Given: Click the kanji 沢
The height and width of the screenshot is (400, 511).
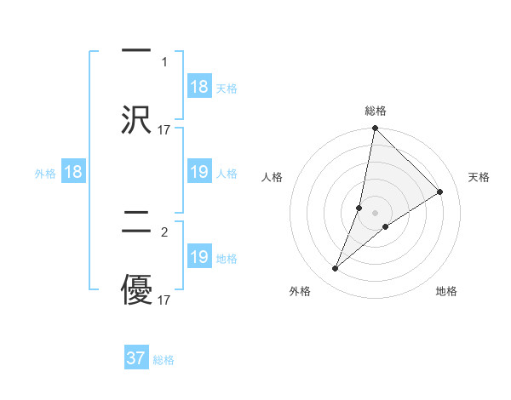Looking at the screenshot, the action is click(x=136, y=118).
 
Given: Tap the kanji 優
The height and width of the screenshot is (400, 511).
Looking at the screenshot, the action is click(x=136, y=289).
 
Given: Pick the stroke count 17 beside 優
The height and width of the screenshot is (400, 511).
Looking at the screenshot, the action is click(x=164, y=300).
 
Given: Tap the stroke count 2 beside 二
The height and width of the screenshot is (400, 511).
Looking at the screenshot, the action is click(x=164, y=231).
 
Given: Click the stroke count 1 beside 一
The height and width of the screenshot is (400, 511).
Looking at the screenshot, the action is click(x=164, y=61).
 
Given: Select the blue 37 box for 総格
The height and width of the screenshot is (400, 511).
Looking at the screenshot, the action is click(x=136, y=358).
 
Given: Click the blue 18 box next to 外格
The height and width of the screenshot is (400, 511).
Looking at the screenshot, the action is click(x=73, y=173).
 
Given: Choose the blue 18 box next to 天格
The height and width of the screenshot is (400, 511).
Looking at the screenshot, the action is click(x=199, y=87).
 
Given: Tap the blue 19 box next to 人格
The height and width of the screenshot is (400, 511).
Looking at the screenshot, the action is click(x=199, y=173).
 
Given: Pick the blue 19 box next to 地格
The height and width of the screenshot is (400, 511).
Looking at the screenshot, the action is click(x=199, y=257).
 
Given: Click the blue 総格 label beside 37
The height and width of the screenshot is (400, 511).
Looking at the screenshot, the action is click(x=164, y=360).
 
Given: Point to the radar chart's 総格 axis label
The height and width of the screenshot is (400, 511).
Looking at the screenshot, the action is click(x=376, y=111).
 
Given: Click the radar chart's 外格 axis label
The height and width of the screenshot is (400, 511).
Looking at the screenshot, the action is click(x=300, y=291).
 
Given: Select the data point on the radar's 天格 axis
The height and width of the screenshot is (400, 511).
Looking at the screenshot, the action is click(x=440, y=191).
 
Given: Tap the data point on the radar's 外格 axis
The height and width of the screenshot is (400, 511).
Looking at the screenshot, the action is click(x=336, y=269).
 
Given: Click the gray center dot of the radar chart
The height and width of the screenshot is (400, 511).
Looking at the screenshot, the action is click(x=376, y=213).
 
